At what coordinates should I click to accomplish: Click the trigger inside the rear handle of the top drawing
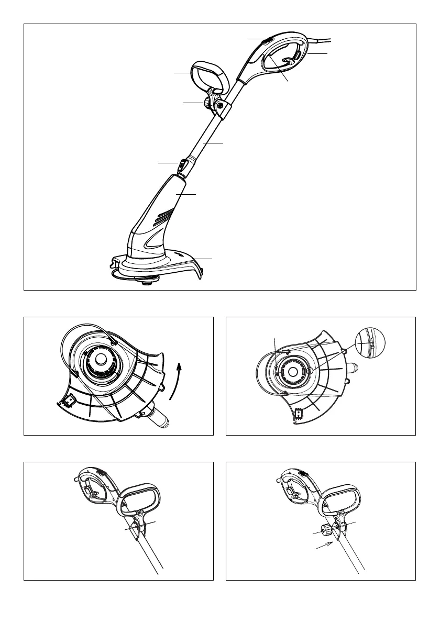point(287,62)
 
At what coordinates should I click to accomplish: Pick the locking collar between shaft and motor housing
point(182,166)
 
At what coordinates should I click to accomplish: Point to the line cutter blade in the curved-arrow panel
point(67,404)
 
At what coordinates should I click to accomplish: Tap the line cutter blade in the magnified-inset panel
point(298,414)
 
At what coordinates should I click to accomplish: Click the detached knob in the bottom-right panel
point(325,530)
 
